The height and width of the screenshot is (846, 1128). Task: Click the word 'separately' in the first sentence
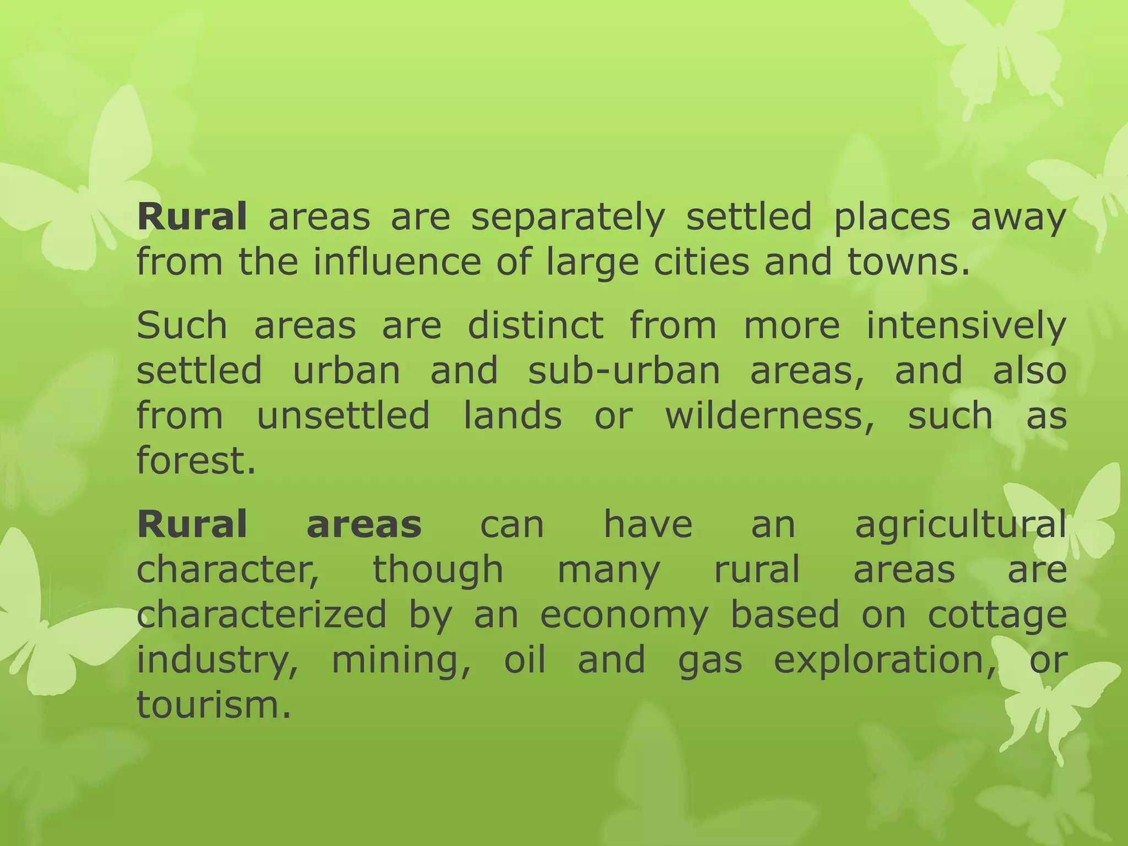568,217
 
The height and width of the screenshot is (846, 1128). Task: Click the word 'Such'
182,325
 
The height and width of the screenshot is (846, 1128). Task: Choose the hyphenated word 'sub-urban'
624,370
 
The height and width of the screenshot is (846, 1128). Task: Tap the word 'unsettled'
343,415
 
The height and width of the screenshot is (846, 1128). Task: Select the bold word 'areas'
364,524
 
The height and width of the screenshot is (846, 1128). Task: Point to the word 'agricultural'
961,525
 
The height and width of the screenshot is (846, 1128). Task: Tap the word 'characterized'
262,614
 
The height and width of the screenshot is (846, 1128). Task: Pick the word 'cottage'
997,615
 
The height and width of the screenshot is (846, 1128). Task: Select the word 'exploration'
883,660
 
